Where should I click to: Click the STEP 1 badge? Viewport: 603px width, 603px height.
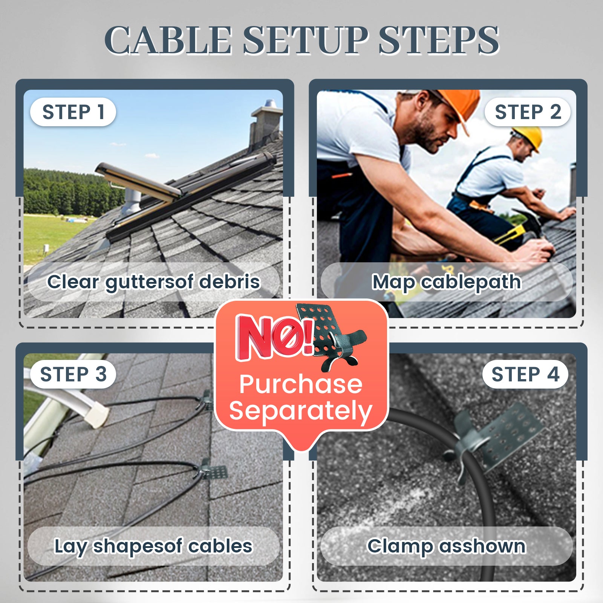click(73, 112)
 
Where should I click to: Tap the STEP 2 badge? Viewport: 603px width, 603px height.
click(528, 112)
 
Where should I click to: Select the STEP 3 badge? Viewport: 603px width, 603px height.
click(73, 374)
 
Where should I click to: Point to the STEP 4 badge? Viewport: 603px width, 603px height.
click(525, 374)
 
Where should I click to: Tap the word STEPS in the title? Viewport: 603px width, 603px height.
click(439, 40)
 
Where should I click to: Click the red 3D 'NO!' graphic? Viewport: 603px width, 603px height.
click(274, 337)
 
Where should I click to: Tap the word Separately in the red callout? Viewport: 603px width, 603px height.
click(301, 411)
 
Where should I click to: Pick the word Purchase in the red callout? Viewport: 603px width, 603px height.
click(301, 384)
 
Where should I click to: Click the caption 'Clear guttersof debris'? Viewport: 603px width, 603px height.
click(153, 282)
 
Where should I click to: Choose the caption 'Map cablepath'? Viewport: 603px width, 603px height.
click(447, 282)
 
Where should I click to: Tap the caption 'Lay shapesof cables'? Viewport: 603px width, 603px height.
click(153, 546)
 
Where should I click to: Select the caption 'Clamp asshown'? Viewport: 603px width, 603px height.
click(447, 546)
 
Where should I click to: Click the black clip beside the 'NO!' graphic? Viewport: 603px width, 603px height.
click(332, 335)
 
